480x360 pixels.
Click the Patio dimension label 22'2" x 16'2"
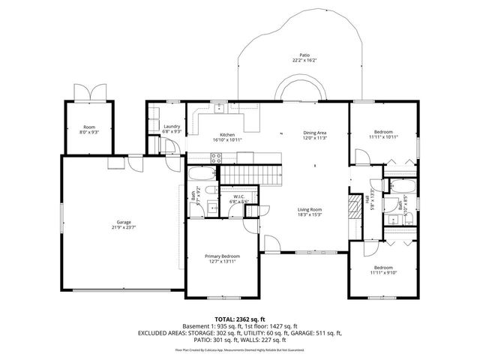click(304, 60)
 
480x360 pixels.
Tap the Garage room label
click(123, 224)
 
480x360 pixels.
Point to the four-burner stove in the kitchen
click(216, 158)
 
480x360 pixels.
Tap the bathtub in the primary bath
click(202, 175)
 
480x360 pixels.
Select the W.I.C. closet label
click(238, 199)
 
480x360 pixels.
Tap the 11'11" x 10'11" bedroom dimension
click(382, 137)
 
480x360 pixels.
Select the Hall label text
click(368, 200)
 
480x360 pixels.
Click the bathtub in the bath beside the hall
click(398, 186)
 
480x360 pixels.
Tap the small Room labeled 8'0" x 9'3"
click(88, 128)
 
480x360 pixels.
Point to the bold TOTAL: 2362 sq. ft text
click(240, 318)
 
